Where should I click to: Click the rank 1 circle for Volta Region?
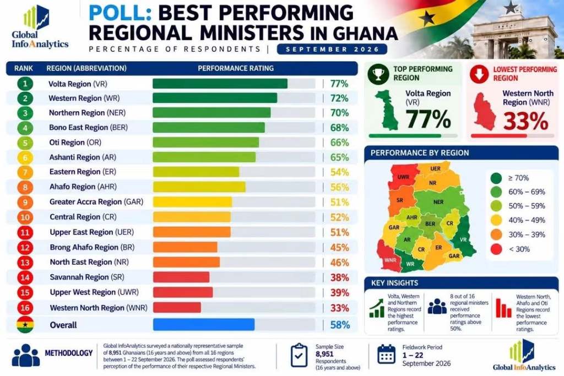(x=25, y=84)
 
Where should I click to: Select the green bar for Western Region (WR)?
(x=215, y=98)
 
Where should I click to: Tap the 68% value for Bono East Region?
(x=339, y=128)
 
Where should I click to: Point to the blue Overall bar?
(x=204, y=325)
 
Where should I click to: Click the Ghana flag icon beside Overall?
(x=25, y=325)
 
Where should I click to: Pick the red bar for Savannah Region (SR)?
(x=181, y=277)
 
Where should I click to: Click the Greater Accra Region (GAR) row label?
(x=96, y=201)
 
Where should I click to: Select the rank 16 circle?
(x=25, y=308)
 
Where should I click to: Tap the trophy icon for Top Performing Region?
(x=378, y=74)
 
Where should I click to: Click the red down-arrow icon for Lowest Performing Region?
(x=479, y=74)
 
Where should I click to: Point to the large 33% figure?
(x=525, y=121)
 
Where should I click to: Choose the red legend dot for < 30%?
(x=496, y=249)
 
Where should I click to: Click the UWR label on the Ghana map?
(x=403, y=177)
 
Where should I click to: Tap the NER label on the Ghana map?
(x=438, y=202)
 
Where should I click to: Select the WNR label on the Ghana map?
(x=391, y=260)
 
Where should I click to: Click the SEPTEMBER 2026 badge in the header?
(x=332, y=49)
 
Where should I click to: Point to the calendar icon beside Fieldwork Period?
(x=386, y=354)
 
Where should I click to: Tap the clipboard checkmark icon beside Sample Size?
(x=299, y=355)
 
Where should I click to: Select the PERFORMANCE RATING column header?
(x=236, y=68)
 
